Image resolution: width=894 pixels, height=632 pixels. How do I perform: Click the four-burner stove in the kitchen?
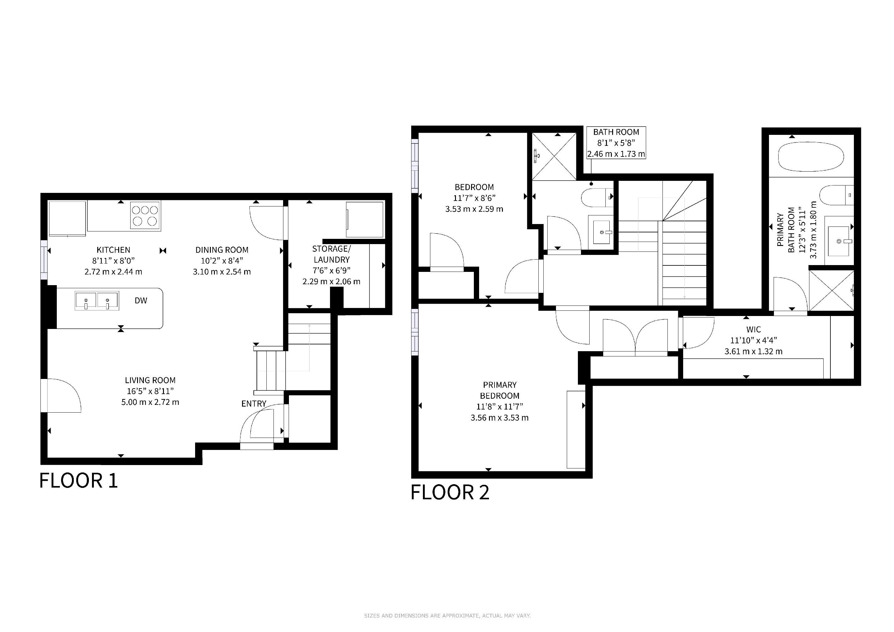pos(145,216)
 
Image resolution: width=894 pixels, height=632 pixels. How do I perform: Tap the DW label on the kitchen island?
pos(141,301)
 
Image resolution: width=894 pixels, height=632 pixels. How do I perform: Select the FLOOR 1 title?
pos(78,480)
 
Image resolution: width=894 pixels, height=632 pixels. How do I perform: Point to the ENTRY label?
pos(254,404)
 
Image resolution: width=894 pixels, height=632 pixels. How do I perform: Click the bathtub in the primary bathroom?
pos(811,157)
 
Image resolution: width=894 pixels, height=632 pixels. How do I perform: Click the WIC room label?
pos(754,329)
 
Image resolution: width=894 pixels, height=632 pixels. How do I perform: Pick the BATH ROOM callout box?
pos(616,143)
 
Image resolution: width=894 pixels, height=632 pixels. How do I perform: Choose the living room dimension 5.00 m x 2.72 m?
pos(150,402)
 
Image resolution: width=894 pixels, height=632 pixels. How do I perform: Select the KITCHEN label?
pos(113,250)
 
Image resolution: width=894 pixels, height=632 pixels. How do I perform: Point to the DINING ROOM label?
pos(222,250)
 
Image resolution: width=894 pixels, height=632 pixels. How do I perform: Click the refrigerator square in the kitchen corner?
pos(67,219)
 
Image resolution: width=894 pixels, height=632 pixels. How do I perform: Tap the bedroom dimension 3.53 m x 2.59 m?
pos(474,209)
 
